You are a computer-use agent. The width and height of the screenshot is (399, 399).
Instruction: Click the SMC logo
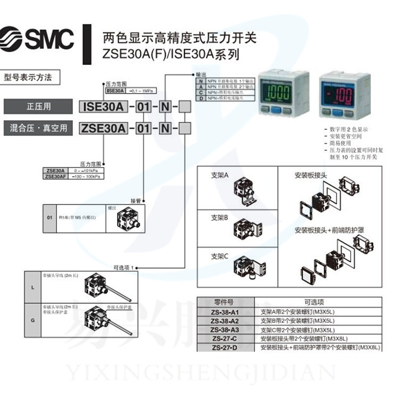[x=38, y=38]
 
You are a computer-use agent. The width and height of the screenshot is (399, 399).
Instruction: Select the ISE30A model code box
[x=103, y=106]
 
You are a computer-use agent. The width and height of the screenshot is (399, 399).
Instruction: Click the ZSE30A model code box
[x=103, y=128]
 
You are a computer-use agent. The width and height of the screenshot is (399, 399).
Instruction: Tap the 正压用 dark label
[x=38, y=106]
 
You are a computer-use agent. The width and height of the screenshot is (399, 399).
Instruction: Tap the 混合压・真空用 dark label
[x=38, y=128]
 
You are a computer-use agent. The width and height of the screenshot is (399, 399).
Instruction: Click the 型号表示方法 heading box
[x=31, y=77]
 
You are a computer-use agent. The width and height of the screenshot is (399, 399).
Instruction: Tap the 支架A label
[x=219, y=175]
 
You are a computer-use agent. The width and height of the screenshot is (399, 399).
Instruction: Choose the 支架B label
[x=219, y=218]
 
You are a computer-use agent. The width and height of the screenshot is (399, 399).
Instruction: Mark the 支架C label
[x=219, y=256]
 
